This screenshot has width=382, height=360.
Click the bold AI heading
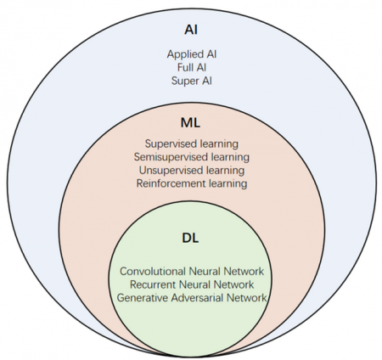point(191,30)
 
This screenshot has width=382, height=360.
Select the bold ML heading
point(191,122)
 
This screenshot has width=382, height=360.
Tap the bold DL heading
point(191,240)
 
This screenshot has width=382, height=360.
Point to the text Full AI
point(191,68)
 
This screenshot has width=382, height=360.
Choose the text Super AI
point(191,81)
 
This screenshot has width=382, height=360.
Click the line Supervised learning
point(191,144)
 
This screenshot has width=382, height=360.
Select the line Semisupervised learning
point(191,157)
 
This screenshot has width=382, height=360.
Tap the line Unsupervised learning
point(191,170)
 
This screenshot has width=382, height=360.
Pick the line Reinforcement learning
point(191,183)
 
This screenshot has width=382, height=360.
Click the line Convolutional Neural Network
point(191,272)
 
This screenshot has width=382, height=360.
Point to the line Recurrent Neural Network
point(191,284)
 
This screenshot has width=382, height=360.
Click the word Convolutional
point(149,272)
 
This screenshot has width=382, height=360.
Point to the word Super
point(183,81)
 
